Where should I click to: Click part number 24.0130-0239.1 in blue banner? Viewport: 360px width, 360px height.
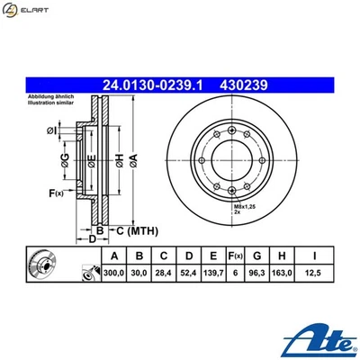[153, 85]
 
